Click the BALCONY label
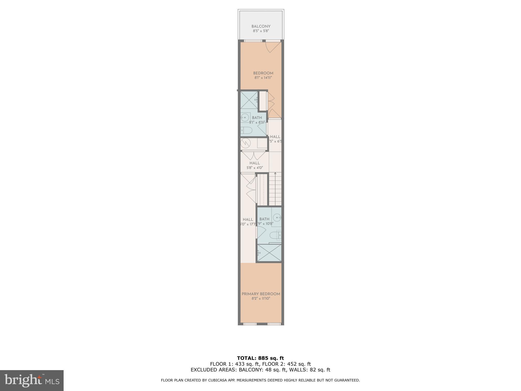coord(261,26)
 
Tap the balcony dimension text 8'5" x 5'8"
coord(261,31)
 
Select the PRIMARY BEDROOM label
coord(261,294)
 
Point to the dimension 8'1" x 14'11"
coord(263,78)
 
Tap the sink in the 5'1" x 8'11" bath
coord(245,118)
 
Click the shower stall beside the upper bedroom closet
coord(249,100)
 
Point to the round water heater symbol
coord(245,143)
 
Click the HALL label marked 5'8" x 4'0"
coord(254,163)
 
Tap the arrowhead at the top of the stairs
coord(275,173)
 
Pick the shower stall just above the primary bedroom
coord(269,253)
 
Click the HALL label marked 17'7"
coord(248,219)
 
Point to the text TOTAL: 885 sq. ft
coord(260,358)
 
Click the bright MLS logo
coord(32,380)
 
